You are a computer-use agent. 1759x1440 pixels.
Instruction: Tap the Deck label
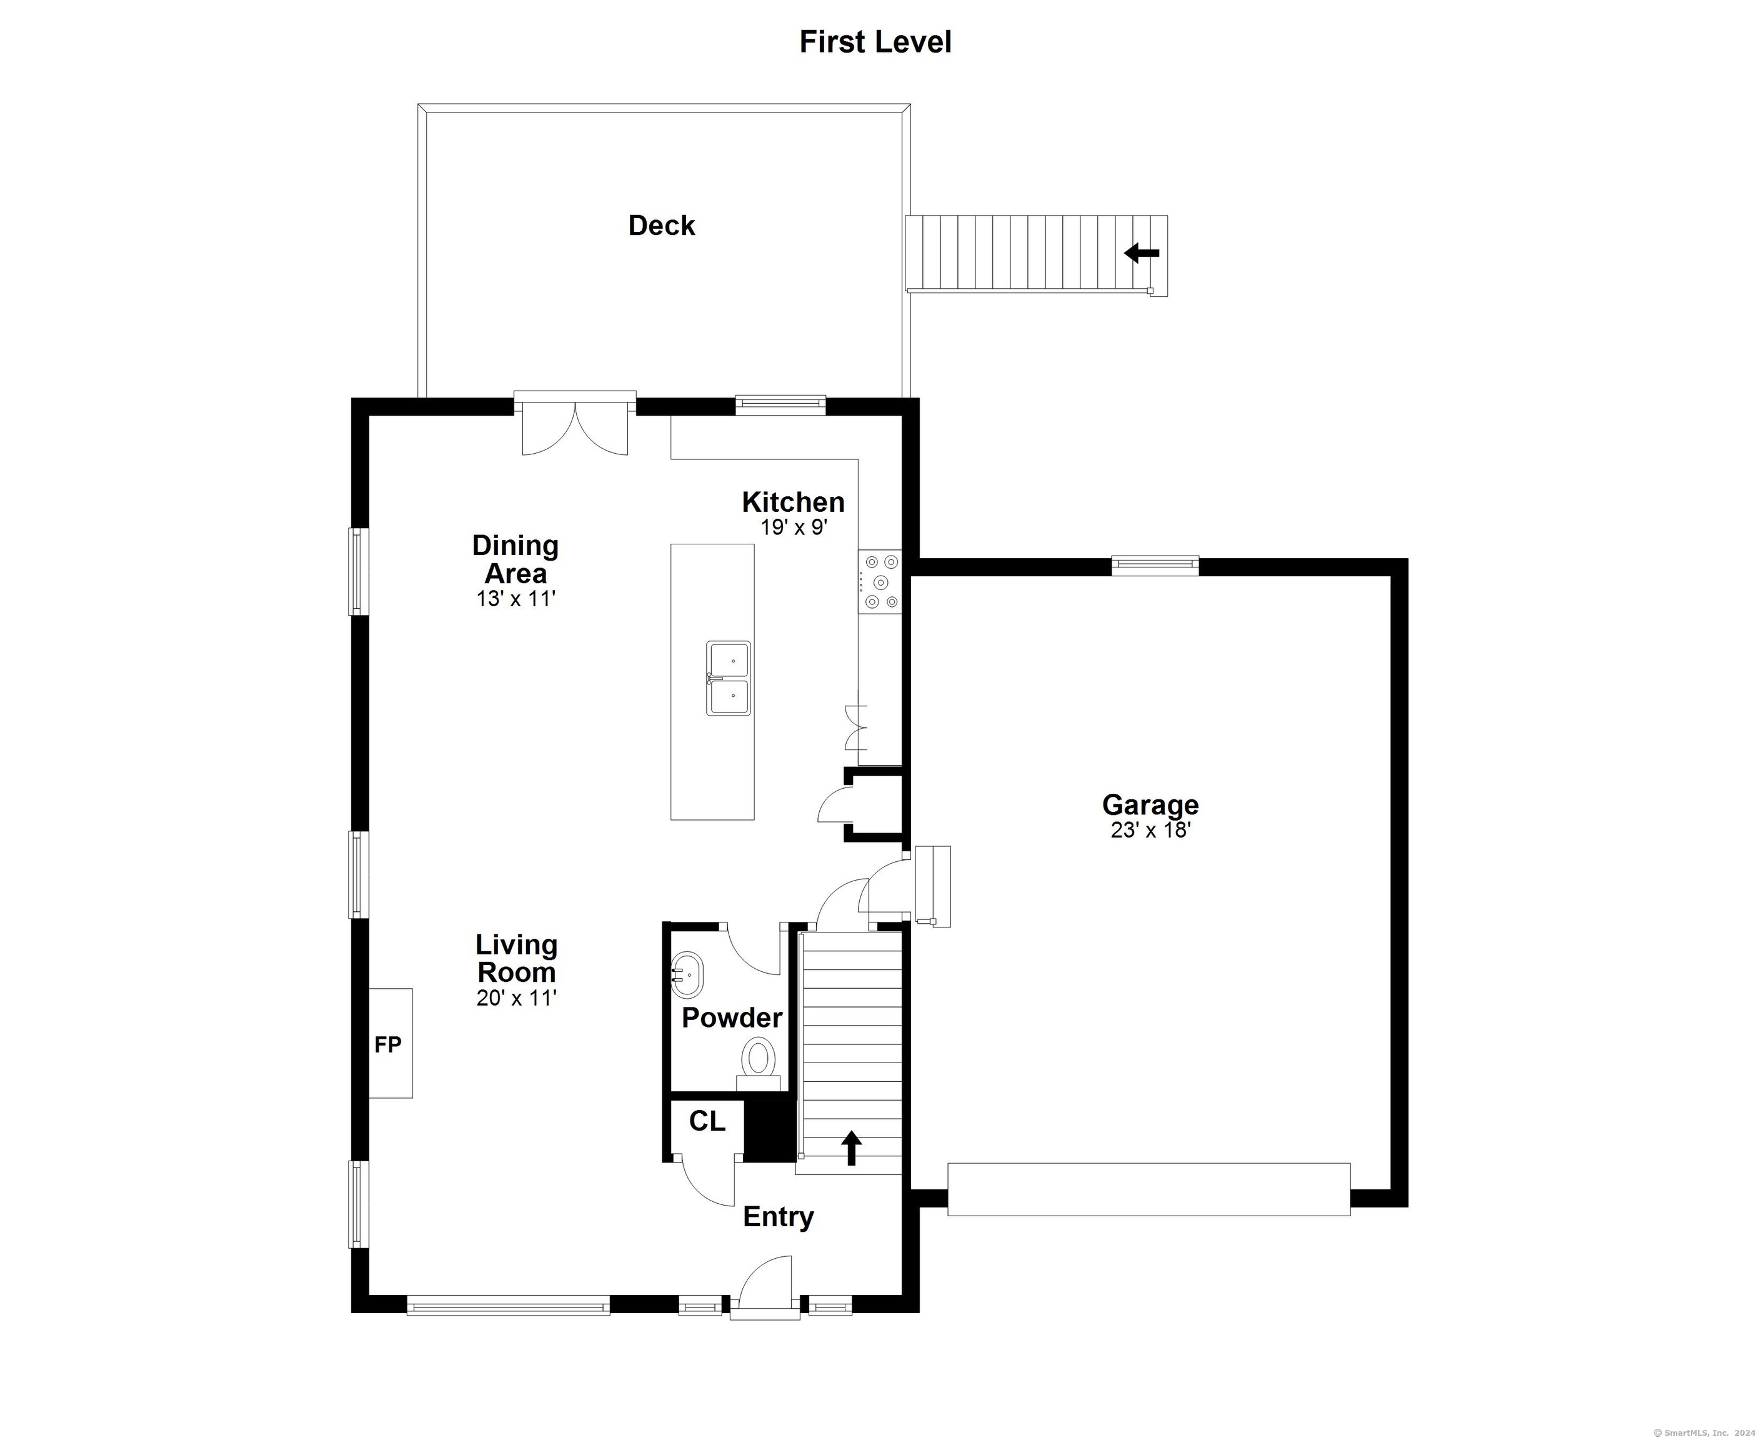[661, 226]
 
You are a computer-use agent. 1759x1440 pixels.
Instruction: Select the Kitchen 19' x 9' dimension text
[794, 527]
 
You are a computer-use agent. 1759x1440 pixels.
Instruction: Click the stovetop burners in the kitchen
[880, 582]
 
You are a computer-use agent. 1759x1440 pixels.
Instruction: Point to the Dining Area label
[515, 559]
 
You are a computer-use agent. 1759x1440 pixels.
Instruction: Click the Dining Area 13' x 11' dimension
[515, 599]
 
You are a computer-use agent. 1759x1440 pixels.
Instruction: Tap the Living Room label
[516, 958]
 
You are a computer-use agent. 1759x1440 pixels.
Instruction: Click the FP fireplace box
[390, 1042]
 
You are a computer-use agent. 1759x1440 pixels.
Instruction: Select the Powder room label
[732, 1017]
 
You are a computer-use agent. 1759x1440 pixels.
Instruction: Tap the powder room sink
[687, 976]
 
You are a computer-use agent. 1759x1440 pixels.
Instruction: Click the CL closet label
[707, 1121]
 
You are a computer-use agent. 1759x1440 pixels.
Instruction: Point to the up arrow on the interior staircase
[851, 1147]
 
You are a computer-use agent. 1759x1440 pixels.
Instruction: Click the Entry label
[778, 1217]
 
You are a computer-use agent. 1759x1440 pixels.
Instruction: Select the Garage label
[1150, 804]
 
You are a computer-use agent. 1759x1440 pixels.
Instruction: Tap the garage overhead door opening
[1149, 1189]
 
